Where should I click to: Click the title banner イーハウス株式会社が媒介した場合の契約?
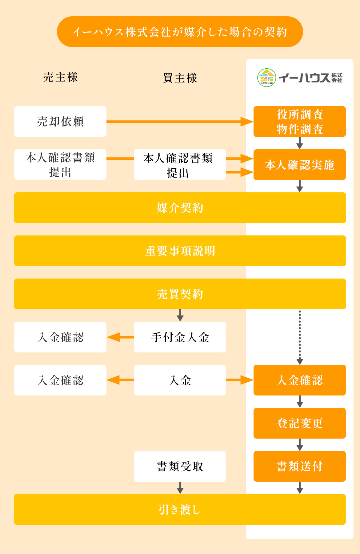click(x=180, y=32)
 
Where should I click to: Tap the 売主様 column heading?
click(x=60, y=77)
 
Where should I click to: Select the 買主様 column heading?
click(x=180, y=78)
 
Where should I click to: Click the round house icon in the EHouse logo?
click(x=266, y=78)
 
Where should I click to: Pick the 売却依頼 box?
click(x=60, y=122)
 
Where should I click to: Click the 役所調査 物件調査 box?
click(x=299, y=122)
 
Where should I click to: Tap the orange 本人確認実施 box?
click(x=299, y=165)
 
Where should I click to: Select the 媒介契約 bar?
click(x=180, y=208)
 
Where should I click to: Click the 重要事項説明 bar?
click(x=180, y=251)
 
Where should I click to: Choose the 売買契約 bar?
click(x=180, y=294)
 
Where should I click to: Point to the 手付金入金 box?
click(x=180, y=337)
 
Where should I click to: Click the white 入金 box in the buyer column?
click(x=180, y=380)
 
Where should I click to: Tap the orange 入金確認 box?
click(x=299, y=380)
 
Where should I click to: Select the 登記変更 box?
click(x=299, y=423)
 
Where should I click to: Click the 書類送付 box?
click(x=299, y=466)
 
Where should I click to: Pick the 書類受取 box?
click(x=180, y=466)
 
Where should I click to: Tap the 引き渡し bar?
click(x=180, y=509)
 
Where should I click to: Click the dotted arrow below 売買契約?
click(x=300, y=337)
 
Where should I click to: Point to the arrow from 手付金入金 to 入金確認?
click(x=120, y=337)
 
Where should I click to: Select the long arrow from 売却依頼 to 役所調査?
click(x=180, y=122)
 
